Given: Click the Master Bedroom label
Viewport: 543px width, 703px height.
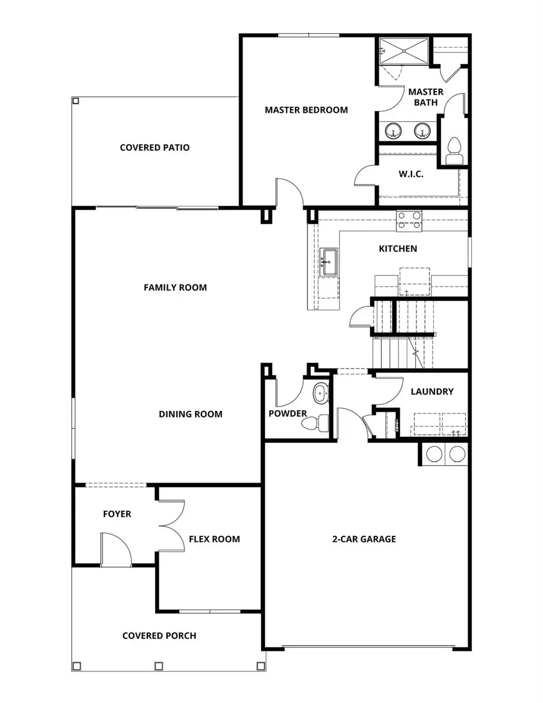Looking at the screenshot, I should pos(306,110).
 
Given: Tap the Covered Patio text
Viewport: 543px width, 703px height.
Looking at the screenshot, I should pos(154,147).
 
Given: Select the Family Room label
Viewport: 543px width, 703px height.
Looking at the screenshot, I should pos(175,287).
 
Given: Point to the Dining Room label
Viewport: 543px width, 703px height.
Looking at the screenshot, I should pos(190,414).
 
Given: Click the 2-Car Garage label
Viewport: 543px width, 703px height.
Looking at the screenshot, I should pos(364,539).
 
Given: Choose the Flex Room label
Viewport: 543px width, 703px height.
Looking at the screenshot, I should pos(214,539).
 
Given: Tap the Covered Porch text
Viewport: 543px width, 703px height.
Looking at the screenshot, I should pos(159,635).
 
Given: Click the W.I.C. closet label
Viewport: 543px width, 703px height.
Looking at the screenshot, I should pos(410,174).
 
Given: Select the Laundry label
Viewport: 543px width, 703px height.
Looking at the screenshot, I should pos(431,392).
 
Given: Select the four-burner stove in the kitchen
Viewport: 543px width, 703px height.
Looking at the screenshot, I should pos(408,221).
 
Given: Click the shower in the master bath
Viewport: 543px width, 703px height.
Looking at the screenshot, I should pos(404,49).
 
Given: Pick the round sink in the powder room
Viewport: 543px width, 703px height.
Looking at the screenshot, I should pos(320,395).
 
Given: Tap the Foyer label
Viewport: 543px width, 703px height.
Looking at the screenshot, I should pos(116,514).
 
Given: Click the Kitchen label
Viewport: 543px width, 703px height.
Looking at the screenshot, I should pos(398,249).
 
